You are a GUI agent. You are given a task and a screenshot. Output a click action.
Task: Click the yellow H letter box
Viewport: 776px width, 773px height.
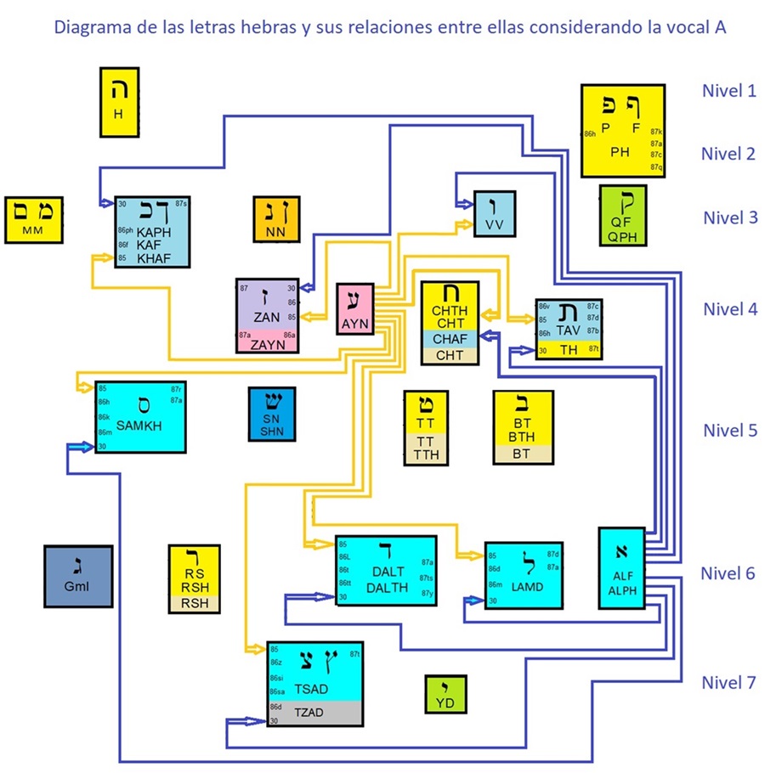click(119, 102)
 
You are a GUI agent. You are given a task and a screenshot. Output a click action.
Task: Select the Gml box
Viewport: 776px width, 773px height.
click(77, 576)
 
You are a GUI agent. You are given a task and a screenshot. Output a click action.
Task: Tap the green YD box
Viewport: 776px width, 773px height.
click(445, 694)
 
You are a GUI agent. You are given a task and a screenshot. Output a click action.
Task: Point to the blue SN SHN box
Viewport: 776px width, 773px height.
click(271, 415)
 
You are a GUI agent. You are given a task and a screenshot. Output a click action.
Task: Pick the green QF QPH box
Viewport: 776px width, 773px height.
click(623, 216)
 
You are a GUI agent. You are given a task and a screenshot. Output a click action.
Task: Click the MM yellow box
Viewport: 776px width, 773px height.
click(32, 221)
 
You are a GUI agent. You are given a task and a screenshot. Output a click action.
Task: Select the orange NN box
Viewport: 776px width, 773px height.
click(276, 220)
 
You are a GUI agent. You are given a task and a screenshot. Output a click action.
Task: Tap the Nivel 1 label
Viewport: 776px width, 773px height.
click(728, 90)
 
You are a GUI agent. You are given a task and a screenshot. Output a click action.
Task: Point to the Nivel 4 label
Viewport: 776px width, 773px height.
click(728, 309)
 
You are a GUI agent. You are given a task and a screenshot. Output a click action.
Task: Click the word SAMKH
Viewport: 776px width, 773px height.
click(139, 425)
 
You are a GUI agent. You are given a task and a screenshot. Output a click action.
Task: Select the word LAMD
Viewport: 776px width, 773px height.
click(527, 586)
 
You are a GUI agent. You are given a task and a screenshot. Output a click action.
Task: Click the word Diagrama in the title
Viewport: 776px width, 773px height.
click(90, 27)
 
